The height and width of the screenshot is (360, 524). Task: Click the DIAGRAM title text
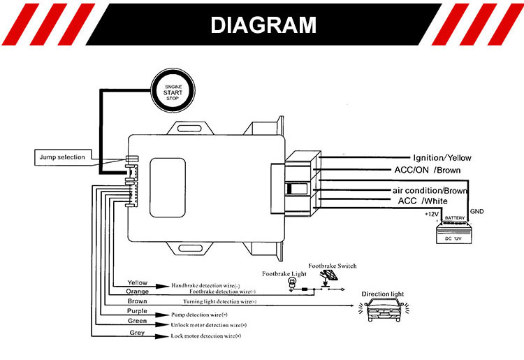[263, 26]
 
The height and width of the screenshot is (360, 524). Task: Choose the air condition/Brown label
[429, 190]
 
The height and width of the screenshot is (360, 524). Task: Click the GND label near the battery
[477, 211]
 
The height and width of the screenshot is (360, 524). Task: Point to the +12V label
[431, 214]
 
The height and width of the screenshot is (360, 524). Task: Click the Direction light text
[383, 294]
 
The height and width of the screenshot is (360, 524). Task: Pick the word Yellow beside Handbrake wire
[138, 282]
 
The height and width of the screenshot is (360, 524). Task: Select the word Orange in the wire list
[138, 291]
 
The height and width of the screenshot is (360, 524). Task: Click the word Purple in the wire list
[137, 310]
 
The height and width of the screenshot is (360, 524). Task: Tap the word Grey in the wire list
[138, 333]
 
